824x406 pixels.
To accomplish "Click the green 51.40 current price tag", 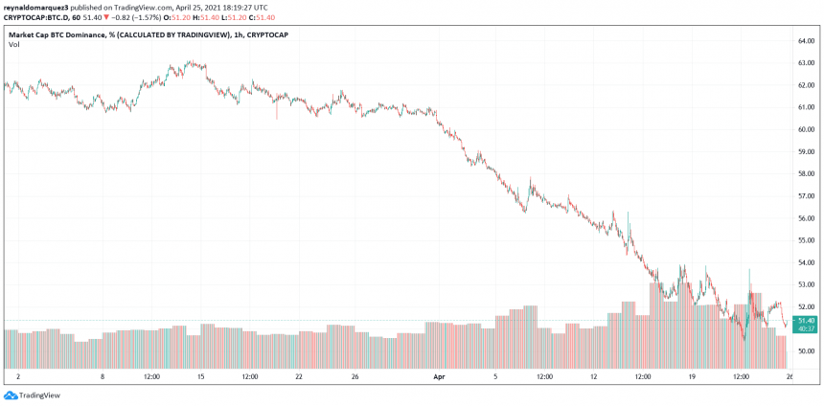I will (x=805, y=321).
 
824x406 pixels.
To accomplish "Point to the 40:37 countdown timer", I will (x=805, y=328).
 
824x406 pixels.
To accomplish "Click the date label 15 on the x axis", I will (x=201, y=378).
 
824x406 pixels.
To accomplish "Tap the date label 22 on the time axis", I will (x=299, y=378).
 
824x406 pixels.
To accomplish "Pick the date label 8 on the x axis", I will (x=103, y=378).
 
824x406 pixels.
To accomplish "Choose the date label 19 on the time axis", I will (x=690, y=378).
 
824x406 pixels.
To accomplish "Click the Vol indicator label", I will (x=14, y=45).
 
